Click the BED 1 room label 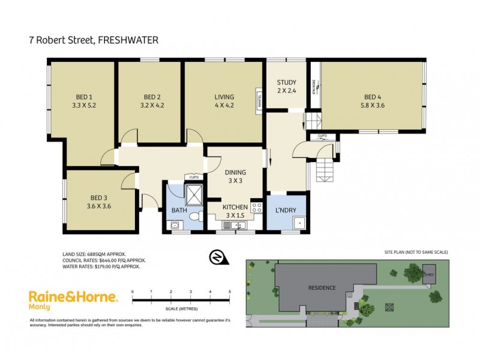(x=84, y=97)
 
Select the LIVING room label (x=224, y=97)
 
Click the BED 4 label (x=373, y=97)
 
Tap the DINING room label (x=235, y=173)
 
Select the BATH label (x=179, y=211)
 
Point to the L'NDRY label (x=286, y=211)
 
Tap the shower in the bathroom (x=194, y=194)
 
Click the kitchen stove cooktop (x=257, y=208)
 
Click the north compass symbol (x=216, y=257)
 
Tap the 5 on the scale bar (x=230, y=292)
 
